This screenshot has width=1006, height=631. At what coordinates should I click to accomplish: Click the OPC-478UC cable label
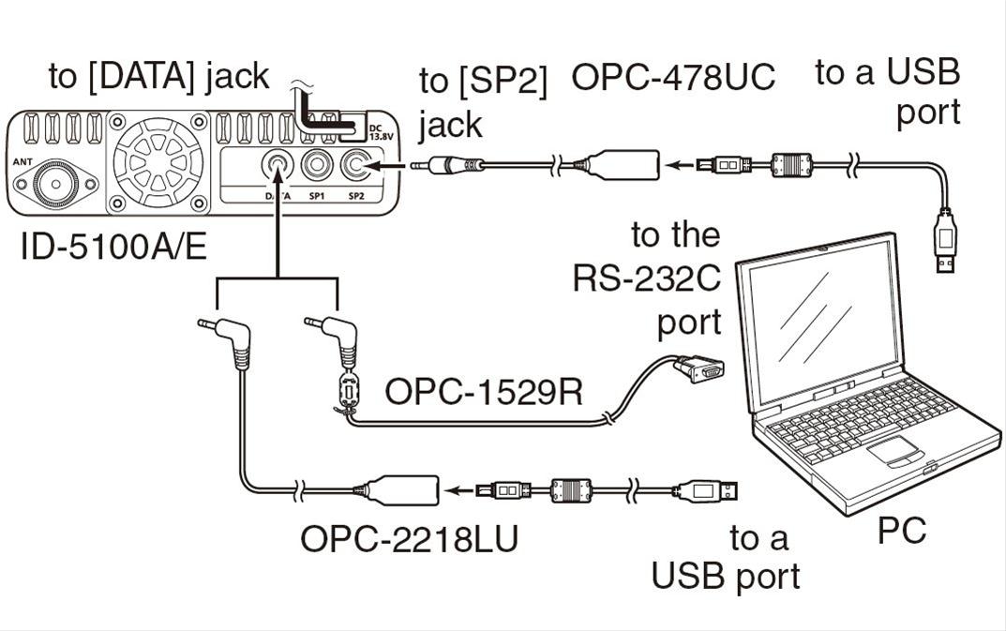tap(673, 78)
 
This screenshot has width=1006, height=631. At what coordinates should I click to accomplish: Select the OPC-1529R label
tap(484, 392)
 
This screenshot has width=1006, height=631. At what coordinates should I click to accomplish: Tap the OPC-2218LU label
tap(409, 539)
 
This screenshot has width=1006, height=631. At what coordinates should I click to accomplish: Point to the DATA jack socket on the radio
tap(278, 166)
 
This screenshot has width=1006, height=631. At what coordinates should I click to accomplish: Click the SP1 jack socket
tap(317, 166)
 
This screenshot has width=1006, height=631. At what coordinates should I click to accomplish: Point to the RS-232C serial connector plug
tap(698, 369)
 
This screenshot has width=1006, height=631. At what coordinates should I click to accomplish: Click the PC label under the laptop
tap(901, 532)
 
